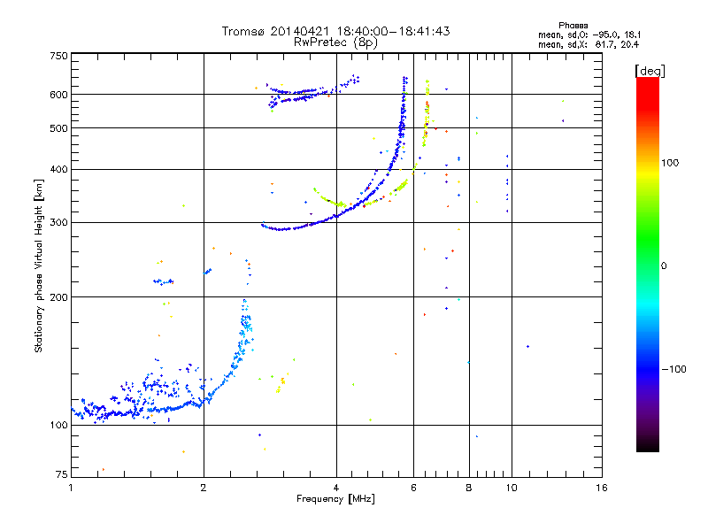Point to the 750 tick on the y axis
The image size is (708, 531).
point(58,56)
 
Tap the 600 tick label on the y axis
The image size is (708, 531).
point(58,94)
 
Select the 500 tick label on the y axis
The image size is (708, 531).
point(58,128)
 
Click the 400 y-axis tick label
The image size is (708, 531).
point(58,169)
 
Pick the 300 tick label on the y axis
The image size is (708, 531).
point(58,222)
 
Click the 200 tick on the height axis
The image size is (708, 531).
point(58,296)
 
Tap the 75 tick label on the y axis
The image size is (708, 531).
point(61,476)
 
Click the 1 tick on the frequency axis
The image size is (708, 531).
point(71,488)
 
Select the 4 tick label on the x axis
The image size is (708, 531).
point(336,488)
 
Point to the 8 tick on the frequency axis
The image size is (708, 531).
point(468,488)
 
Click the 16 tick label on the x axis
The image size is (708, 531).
point(601,488)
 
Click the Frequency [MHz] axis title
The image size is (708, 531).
point(335,500)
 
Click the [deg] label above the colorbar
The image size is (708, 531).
point(650,70)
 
